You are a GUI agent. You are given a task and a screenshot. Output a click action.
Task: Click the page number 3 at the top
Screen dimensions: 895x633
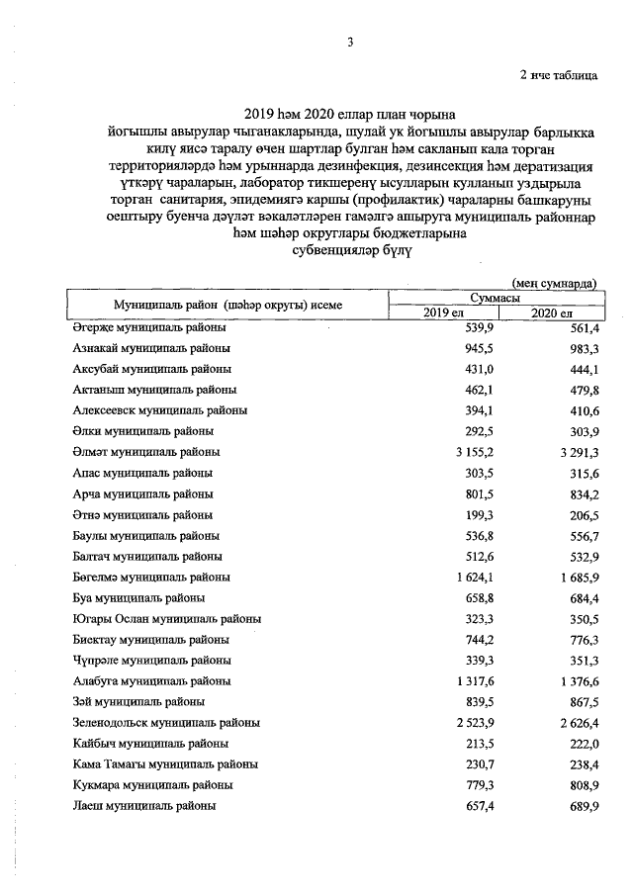coord(350,41)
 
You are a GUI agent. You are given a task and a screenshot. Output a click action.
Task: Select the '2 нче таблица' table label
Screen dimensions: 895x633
coord(559,75)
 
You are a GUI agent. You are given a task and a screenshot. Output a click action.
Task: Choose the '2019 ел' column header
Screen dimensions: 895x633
coord(444,313)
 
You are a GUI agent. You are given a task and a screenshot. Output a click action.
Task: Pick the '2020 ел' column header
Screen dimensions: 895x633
coord(552,313)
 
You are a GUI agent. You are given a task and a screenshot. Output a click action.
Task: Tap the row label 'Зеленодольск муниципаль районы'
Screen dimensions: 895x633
coord(167,723)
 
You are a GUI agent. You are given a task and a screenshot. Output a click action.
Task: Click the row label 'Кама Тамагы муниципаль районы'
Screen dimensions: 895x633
coord(165,764)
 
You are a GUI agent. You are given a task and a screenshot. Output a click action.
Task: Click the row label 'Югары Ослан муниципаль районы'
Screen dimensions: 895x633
coord(166,619)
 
